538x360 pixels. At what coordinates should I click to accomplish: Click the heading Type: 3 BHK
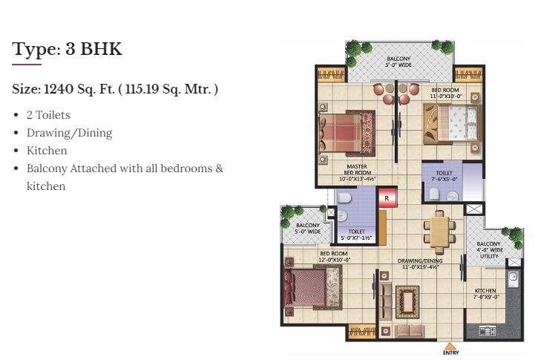coord(67,50)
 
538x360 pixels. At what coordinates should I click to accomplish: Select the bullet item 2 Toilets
coord(48,115)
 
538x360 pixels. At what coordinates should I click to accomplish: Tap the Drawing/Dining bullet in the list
coord(69,133)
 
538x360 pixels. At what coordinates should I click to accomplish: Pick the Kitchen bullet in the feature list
coord(47,151)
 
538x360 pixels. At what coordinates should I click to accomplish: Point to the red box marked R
coord(386,198)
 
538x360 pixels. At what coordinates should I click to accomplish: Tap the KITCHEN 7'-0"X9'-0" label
coord(486,294)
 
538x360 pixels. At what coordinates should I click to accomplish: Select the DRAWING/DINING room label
coord(420,264)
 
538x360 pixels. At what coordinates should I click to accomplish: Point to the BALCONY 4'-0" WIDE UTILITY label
coord(489,250)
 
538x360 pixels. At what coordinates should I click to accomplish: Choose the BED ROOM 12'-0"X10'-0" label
coord(335,257)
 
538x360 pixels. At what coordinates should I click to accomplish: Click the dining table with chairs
coord(440,229)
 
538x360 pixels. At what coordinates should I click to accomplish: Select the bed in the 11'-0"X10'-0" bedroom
coord(450,122)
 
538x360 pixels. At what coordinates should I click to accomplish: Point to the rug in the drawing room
coord(408,301)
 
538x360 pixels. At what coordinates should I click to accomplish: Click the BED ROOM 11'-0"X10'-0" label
coord(446,93)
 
